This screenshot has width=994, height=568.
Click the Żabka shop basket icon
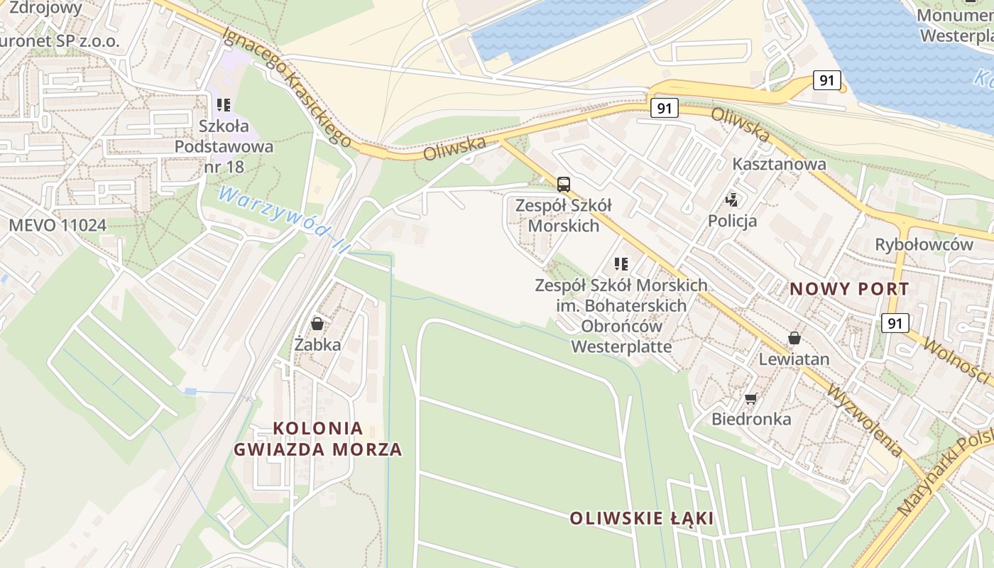317,324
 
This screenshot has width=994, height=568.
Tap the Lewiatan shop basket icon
794,338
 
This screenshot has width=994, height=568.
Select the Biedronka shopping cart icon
751,398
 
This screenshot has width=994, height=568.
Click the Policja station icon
732,200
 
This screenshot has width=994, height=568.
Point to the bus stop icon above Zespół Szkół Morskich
563,185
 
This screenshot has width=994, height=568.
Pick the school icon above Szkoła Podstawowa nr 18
224,105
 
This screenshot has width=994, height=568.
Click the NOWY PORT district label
849,289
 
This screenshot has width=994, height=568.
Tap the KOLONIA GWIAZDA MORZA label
318,439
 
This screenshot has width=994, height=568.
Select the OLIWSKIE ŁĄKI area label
641,518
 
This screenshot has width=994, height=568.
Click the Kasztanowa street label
779,164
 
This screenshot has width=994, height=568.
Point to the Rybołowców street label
924,244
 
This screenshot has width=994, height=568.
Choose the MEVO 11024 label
58,226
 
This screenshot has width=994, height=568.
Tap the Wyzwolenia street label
865,422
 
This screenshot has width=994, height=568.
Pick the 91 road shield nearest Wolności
895,323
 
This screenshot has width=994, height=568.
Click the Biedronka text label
751,419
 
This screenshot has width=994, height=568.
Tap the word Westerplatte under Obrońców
621,347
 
